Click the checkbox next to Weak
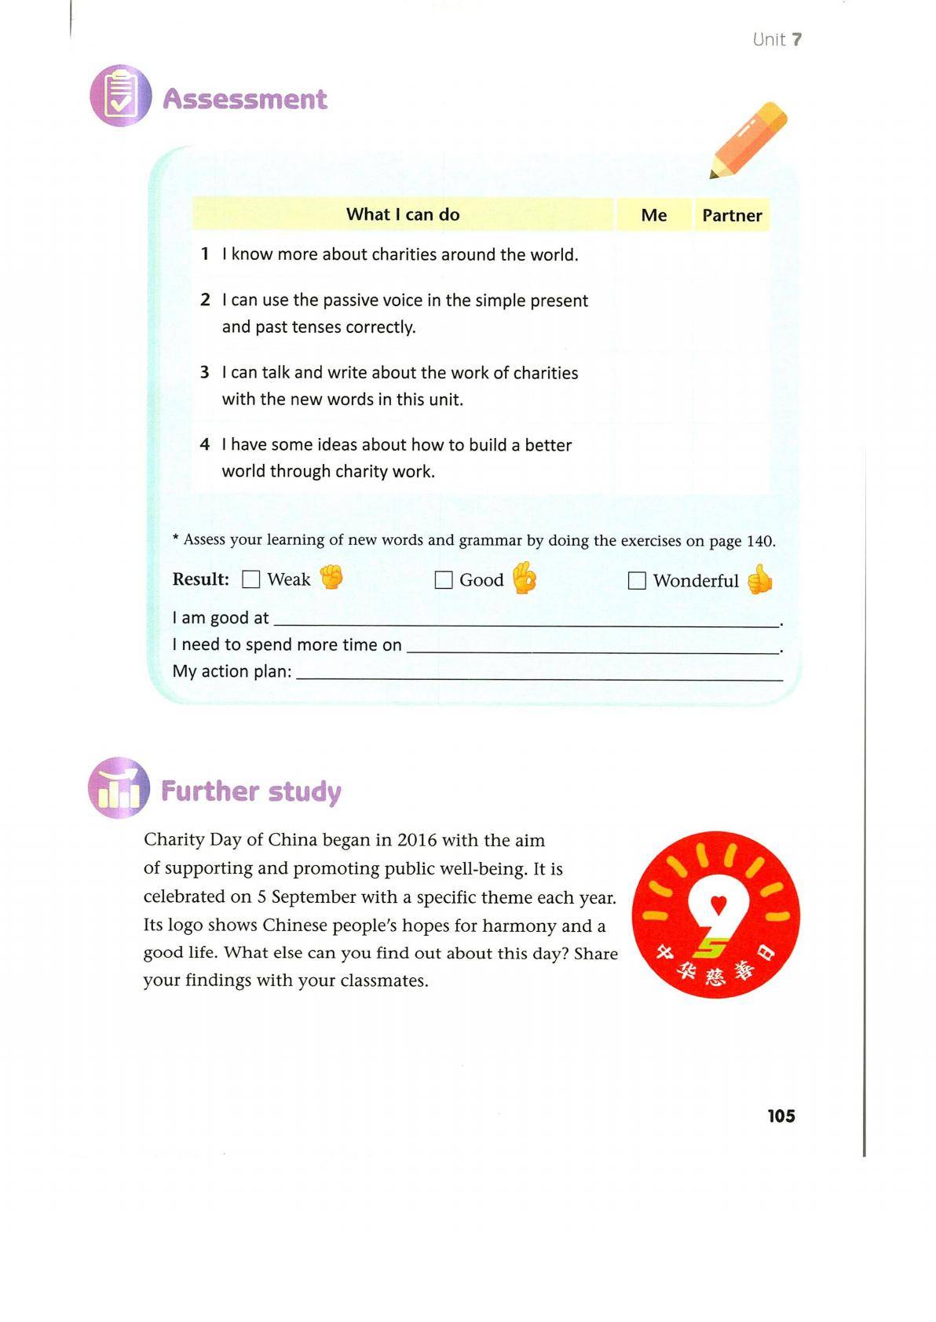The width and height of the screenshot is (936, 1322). pyautogui.click(x=251, y=579)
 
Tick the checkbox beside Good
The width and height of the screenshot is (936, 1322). pyautogui.click(x=444, y=580)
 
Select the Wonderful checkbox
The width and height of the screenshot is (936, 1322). pyautogui.click(x=637, y=581)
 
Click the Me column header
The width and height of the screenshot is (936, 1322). pyautogui.click(x=653, y=215)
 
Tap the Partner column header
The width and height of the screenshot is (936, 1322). pyautogui.click(x=732, y=215)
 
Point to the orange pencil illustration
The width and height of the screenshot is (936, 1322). pyautogui.click(x=748, y=138)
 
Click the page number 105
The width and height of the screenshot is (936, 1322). pyautogui.click(x=781, y=1116)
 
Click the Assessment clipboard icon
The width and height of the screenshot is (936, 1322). pyautogui.click(x=120, y=96)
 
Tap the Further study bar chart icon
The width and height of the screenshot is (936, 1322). pyautogui.click(x=119, y=788)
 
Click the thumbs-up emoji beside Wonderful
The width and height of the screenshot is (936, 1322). pyautogui.click(x=759, y=579)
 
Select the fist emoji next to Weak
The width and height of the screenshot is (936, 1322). pyautogui.click(x=331, y=578)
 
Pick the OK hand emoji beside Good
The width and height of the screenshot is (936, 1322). pyautogui.click(x=524, y=579)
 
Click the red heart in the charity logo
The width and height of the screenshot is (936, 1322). pyautogui.click(x=718, y=904)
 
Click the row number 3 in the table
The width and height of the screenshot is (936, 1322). pyautogui.click(x=205, y=372)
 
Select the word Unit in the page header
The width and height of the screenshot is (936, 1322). pyautogui.click(x=768, y=39)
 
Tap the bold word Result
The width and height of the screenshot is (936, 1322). pyautogui.click(x=200, y=579)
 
